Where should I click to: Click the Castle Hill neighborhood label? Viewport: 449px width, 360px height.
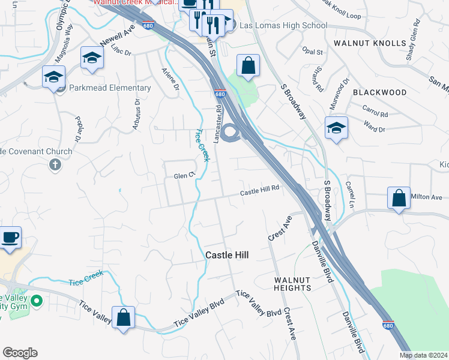pos(227,255)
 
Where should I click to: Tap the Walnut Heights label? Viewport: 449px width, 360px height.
pos(292,284)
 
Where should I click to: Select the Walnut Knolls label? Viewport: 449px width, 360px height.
pos(370,43)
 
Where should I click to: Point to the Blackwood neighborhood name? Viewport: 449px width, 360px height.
pos(379,92)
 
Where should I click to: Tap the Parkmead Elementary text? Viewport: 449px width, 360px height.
pos(110,88)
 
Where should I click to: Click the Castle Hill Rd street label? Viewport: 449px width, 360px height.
pos(260,190)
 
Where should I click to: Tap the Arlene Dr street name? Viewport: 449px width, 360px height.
pos(170,79)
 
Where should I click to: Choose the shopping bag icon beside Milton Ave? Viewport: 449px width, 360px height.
pos(399,199)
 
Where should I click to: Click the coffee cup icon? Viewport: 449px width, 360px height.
pos(10,237)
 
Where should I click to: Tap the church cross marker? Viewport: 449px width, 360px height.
pos(55,164)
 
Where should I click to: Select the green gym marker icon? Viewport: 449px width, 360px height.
pos(37,301)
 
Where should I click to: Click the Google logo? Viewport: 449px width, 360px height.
pos(20,353)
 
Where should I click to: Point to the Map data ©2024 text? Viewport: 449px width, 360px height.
pos(423,355)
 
